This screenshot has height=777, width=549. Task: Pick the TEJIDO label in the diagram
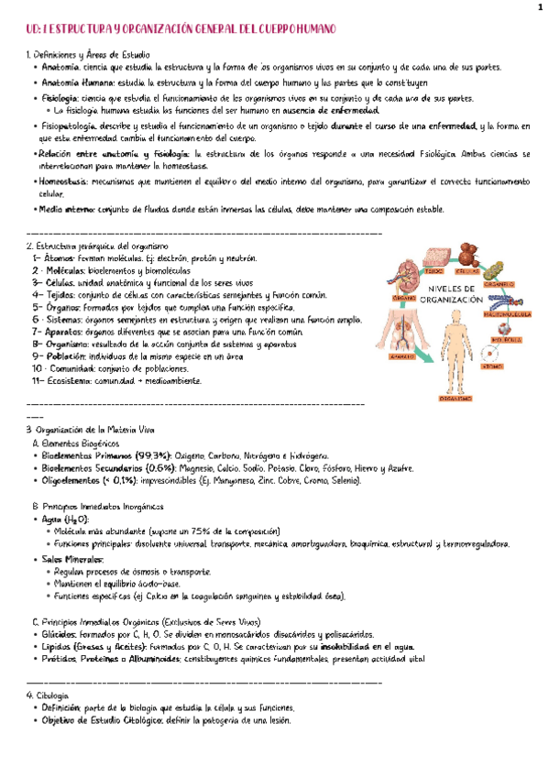click(x=434, y=272)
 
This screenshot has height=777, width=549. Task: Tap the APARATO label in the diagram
click(x=401, y=358)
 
